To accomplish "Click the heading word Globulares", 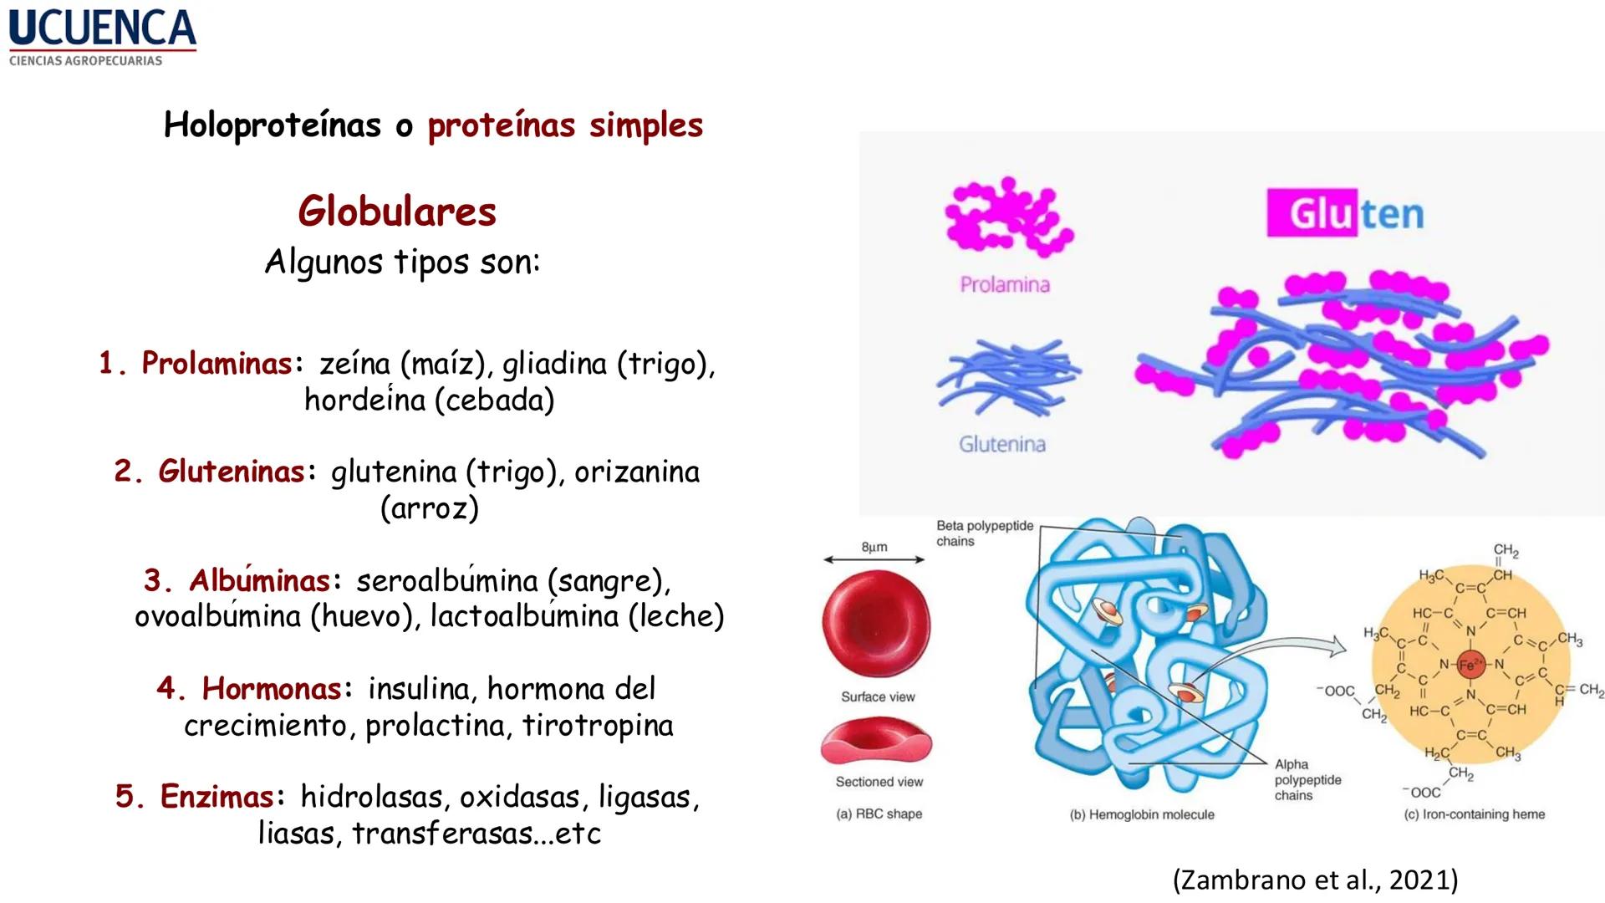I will [x=397, y=212].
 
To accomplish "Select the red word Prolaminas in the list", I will [x=217, y=363].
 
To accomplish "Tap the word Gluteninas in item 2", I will [x=232, y=472].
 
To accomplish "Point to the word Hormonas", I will [x=272, y=689].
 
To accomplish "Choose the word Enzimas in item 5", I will [x=217, y=797].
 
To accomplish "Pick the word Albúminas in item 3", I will [x=259, y=580].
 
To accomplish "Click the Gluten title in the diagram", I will [x=1346, y=213].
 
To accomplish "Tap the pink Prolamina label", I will [x=1005, y=285].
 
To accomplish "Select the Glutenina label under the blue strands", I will [x=1002, y=444].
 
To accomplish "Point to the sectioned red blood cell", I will [x=876, y=742].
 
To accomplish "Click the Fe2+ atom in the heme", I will [x=1470, y=665].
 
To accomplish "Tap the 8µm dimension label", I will [x=874, y=547].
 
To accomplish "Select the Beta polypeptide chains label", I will [x=984, y=533].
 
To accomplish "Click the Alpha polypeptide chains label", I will [x=1307, y=779].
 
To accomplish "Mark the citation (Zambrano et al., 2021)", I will [x=1315, y=880].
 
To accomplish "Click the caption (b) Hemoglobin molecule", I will [x=1142, y=814].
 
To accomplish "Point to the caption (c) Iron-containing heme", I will [x=1474, y=814].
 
